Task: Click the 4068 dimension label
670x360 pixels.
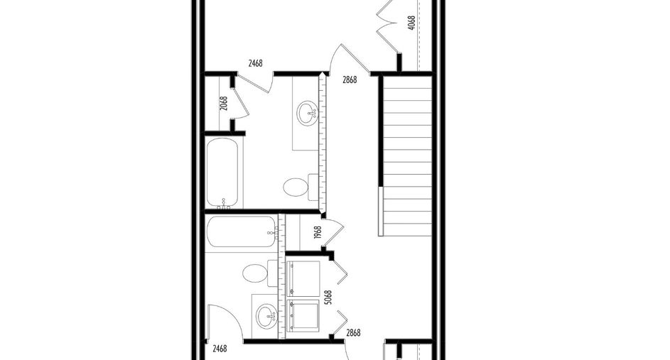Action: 411,23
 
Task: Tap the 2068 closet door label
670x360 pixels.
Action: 224,104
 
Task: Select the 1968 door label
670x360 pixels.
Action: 317,233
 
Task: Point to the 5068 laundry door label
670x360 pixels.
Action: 328,298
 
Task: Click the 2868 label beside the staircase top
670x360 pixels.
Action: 350,80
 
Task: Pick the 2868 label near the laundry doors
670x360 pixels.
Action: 353,333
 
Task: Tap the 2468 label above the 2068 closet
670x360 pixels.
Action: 255,64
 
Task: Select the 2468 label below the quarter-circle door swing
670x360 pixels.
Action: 220,349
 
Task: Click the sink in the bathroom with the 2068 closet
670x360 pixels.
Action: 308,113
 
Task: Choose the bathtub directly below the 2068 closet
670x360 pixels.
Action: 222,173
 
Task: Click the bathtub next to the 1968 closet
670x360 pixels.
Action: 242,231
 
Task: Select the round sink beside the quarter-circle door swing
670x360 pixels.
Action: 267,317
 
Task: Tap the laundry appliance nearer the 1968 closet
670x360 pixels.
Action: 303,279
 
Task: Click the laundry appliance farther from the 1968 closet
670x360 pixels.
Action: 303,315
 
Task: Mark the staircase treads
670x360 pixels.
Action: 407,156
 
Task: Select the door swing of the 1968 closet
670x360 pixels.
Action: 334,233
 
